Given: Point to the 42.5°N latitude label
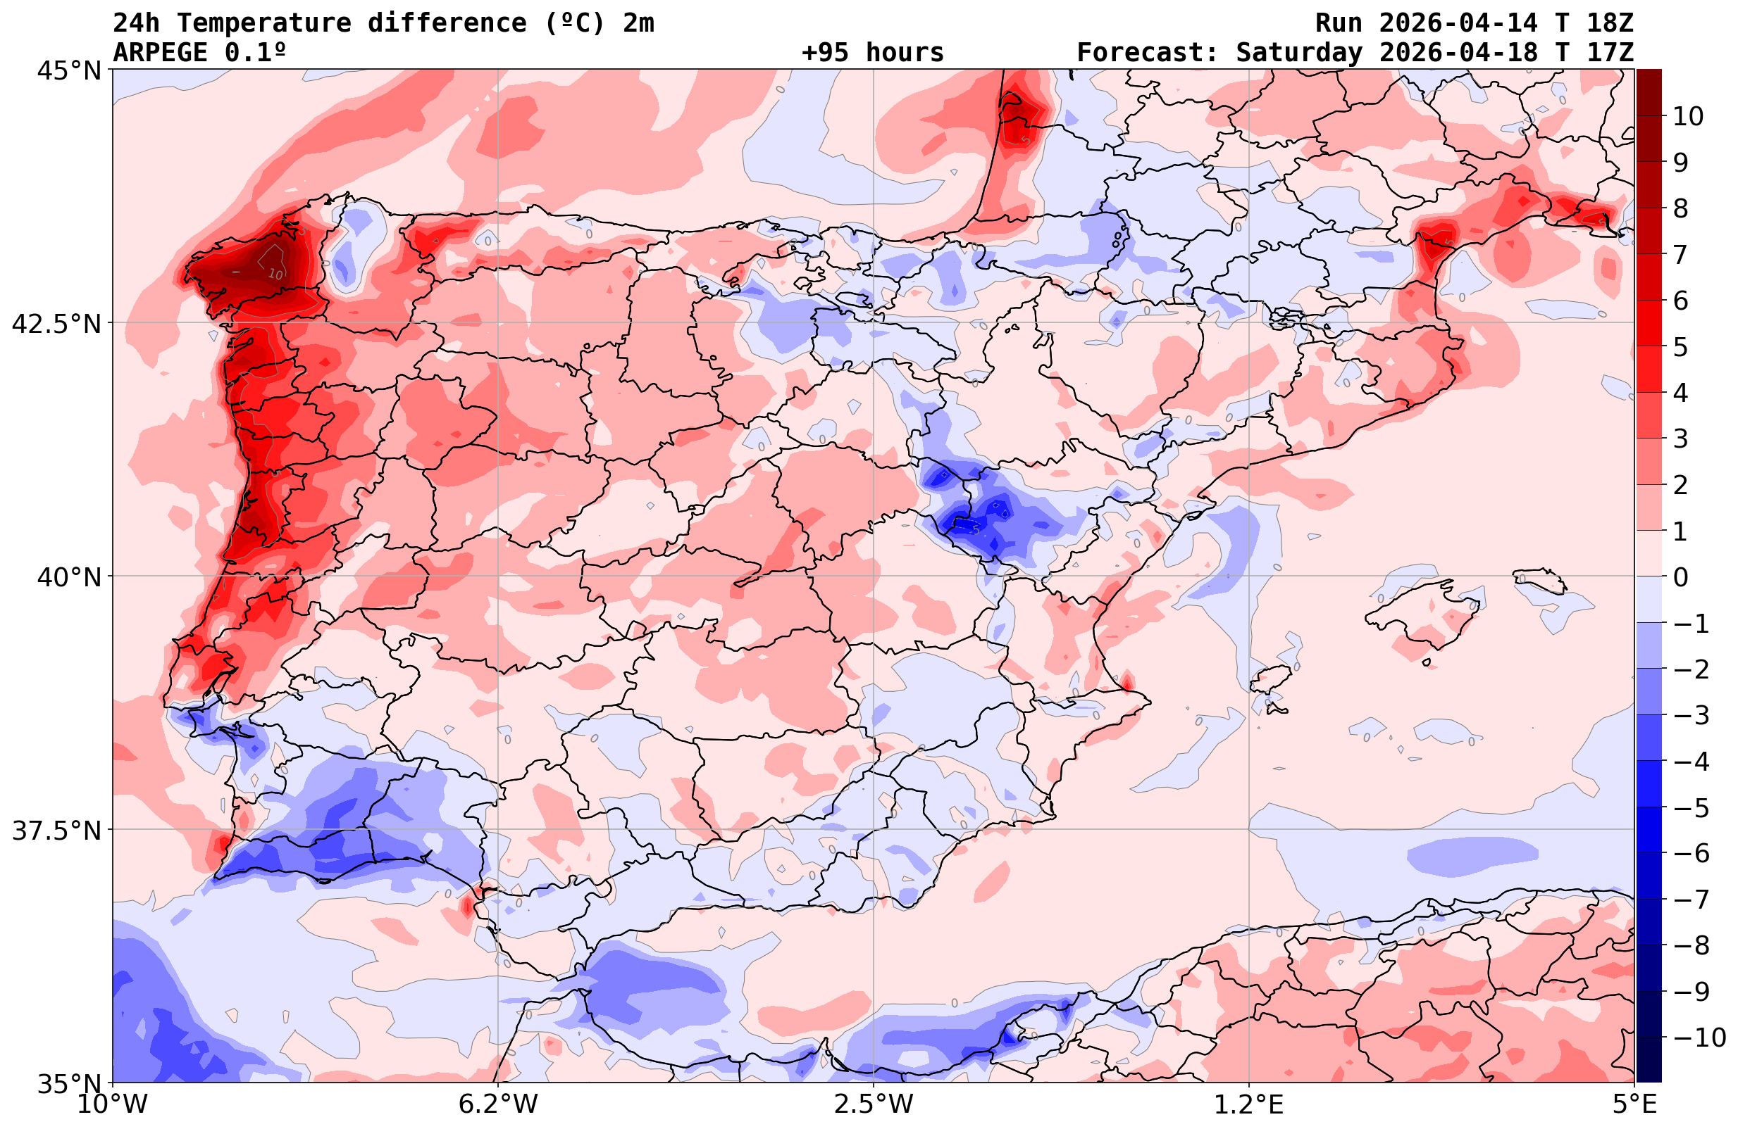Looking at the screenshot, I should (x=56, y=323).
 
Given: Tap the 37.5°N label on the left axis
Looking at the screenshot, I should (x=56, y=831).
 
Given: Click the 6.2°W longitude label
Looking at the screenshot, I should (x=497, y=1104).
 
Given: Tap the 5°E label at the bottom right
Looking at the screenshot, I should (x=1634, y=1104).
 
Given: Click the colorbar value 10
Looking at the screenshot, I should (x=1687, y=116).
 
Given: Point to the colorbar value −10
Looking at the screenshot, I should (x=1699, y=1037).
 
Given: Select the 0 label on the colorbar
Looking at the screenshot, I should (x=1680, y=577).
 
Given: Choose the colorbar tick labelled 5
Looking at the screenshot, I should (x=1680, y=347).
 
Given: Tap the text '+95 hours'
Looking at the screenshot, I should (x=872, y=53).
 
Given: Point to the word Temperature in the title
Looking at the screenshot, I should (x=263, y=23).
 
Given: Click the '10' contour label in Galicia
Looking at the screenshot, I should (x=275, y=274).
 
